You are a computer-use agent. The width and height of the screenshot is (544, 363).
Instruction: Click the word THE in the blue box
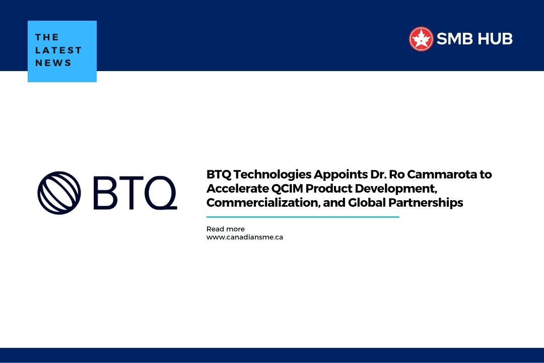coord(47,37)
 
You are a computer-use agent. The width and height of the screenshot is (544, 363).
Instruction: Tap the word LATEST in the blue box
coord(58,50)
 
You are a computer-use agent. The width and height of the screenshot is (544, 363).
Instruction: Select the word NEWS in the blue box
coord(53,64)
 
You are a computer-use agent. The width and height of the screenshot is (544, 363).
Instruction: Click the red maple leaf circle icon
coord(421,39)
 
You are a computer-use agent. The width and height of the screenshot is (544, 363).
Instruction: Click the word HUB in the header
coord(495,39)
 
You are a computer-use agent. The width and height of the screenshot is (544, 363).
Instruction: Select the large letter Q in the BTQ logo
coord(159,192)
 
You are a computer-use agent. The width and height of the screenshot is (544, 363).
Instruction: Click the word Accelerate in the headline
coord(234,189)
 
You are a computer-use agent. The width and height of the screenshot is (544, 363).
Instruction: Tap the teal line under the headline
coord(302,217)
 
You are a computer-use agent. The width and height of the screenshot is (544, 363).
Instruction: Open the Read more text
coord(225,229)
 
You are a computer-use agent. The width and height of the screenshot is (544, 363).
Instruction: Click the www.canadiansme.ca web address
coord(244,237)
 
